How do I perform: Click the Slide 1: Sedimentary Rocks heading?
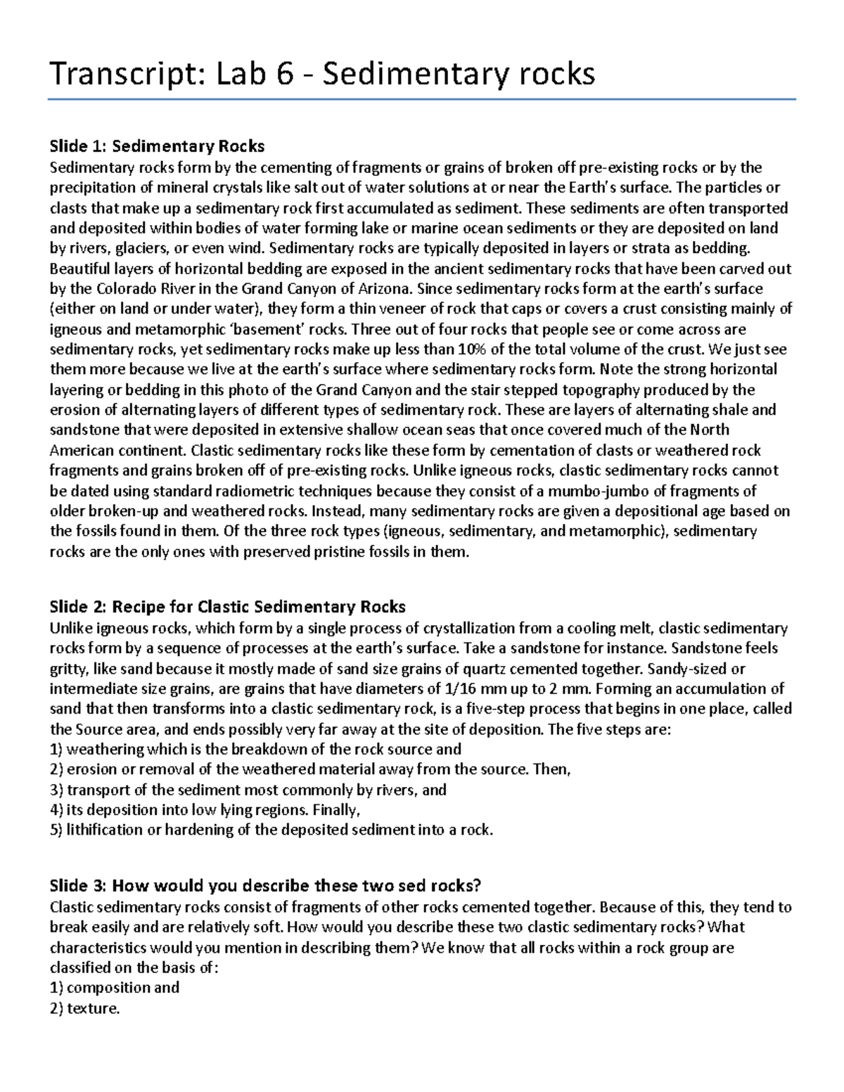point(157,146)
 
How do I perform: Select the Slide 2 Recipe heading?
point(227,606)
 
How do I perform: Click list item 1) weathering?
point(255,749)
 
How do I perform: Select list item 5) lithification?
point(271,830)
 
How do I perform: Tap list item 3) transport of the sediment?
point(248,790)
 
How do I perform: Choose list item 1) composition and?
point(115,987)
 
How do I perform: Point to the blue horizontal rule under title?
point(421,100)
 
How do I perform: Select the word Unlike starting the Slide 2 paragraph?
point(70,628)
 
